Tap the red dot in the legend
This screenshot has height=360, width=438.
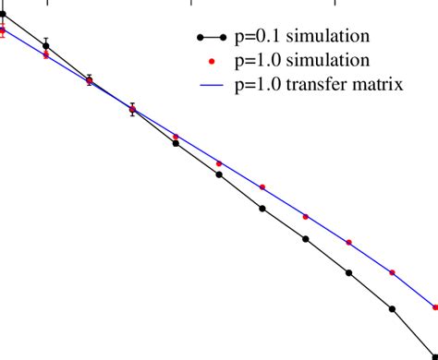(213, 61)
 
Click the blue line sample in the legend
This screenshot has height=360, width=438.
(213, 85)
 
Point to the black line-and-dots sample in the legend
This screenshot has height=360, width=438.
(213, 37)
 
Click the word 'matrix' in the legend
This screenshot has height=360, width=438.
(376, 85)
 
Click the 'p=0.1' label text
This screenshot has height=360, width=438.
(255, 36)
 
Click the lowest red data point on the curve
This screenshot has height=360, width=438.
(436, 307)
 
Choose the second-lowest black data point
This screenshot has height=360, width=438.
(393, 309)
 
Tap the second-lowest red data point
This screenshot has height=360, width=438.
(393, 273)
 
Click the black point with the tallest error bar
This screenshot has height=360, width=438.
(46, 44)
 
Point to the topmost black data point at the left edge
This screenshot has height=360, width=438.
(3, 14)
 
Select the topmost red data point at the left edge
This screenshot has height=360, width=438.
(3, 30)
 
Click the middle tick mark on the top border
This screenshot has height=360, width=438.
(190, 5)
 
